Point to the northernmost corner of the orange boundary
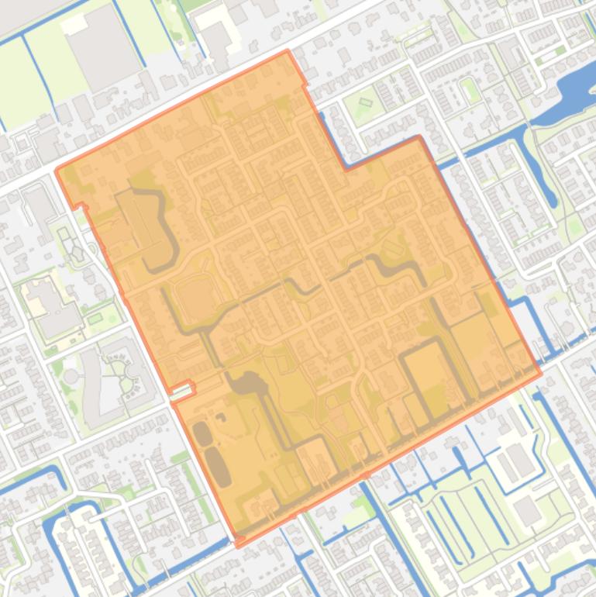288,52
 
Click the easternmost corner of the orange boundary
540,373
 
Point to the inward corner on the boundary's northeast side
346,167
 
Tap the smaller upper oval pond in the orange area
202,433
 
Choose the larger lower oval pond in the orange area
218,467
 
